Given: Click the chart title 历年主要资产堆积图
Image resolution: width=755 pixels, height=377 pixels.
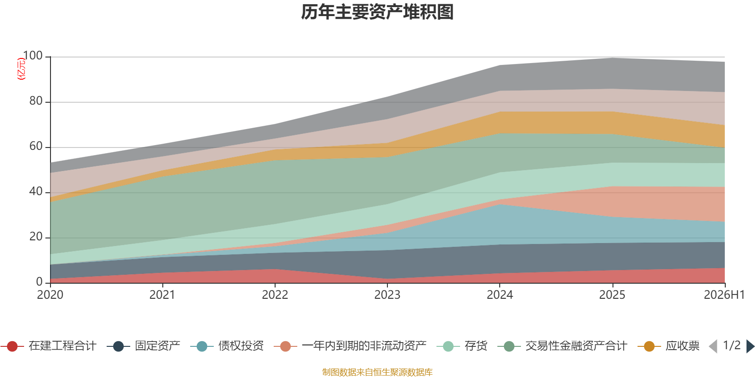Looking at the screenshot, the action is pos(377,12).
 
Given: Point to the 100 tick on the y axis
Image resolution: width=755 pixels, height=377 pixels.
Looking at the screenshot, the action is pos(33,56).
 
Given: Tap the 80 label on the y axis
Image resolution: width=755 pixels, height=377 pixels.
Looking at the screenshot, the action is pos(36,101).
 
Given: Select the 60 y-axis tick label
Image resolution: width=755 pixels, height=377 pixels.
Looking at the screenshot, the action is pos(36,146).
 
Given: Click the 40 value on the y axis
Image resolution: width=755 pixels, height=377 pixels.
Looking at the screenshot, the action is pos(36,191).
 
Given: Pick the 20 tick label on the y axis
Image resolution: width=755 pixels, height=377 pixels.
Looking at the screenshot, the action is pos(36,237).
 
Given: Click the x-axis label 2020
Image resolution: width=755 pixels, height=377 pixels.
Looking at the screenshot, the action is pos(50,295).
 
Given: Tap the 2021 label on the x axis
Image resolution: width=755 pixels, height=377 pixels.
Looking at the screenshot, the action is pos(162,295).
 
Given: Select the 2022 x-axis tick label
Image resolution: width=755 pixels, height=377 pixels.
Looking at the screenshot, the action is pos(275,295).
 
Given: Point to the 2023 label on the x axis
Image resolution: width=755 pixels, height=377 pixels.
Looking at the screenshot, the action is pos(387,295).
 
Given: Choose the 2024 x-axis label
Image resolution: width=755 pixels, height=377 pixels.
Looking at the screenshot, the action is pos(500,295).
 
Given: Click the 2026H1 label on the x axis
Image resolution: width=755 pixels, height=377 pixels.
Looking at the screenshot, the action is pos(724,295).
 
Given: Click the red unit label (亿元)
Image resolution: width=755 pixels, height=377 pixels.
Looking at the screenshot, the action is pos(21,69).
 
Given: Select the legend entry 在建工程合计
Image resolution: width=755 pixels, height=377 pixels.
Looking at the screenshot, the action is pos(49,346).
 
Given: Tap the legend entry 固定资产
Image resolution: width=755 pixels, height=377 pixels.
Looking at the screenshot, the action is pos(143,346).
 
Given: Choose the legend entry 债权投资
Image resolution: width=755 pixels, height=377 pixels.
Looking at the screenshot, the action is pos(227,346).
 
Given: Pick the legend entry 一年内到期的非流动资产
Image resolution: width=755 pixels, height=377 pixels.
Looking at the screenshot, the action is pos(350,346).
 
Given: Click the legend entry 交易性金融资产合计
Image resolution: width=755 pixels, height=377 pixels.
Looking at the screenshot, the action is pos(562,346).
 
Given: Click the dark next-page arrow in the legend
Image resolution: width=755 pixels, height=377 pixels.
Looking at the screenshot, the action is pos(750,346).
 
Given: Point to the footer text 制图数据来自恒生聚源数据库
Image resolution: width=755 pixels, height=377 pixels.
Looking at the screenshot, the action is pos(377,372).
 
